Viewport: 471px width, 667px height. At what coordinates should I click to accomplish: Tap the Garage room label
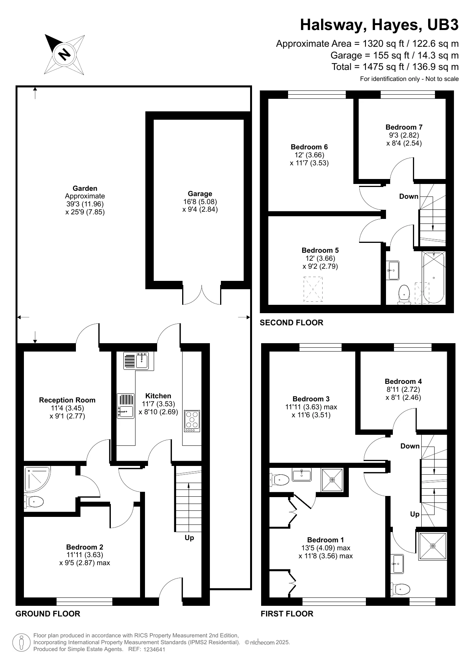(x=200, y=193)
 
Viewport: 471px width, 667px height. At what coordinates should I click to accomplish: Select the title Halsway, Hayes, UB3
(x=379, y=25)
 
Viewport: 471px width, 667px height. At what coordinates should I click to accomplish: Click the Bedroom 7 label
(x=404, y=127)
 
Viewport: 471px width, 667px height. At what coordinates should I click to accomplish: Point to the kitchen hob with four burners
(x=192, y=421)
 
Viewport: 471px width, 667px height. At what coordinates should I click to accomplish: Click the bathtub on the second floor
(x=433, y=277)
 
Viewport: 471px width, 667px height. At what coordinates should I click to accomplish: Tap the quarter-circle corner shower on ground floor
(x=37, y=478)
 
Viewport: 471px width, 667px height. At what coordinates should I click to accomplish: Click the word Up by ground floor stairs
(x=189, y=537)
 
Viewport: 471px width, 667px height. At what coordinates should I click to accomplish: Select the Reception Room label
(x=67, y=400)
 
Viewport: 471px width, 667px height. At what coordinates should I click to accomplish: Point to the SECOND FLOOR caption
(x=291, y=323)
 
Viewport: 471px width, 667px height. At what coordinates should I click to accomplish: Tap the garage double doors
(x=202, y=293)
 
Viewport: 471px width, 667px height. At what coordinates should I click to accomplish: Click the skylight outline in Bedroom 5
(x=313, y=289)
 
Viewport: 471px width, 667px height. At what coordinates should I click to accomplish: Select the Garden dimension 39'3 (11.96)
(x=85, y=204)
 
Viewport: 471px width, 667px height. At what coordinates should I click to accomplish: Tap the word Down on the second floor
(x=409, y=196)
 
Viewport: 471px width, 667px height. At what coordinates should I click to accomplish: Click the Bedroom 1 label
(x=326, y=540)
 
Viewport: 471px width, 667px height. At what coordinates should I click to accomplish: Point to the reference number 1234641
(x=154, y=650)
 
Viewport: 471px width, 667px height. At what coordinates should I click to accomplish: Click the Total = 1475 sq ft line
(x=395, y=67)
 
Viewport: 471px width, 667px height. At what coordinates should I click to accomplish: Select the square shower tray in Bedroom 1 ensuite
(x=332, y=480)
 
